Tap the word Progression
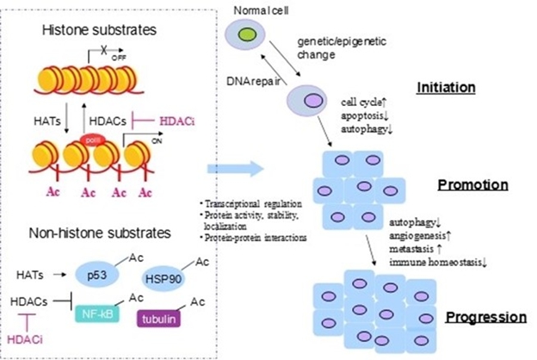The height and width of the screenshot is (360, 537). tap(485, 317)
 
